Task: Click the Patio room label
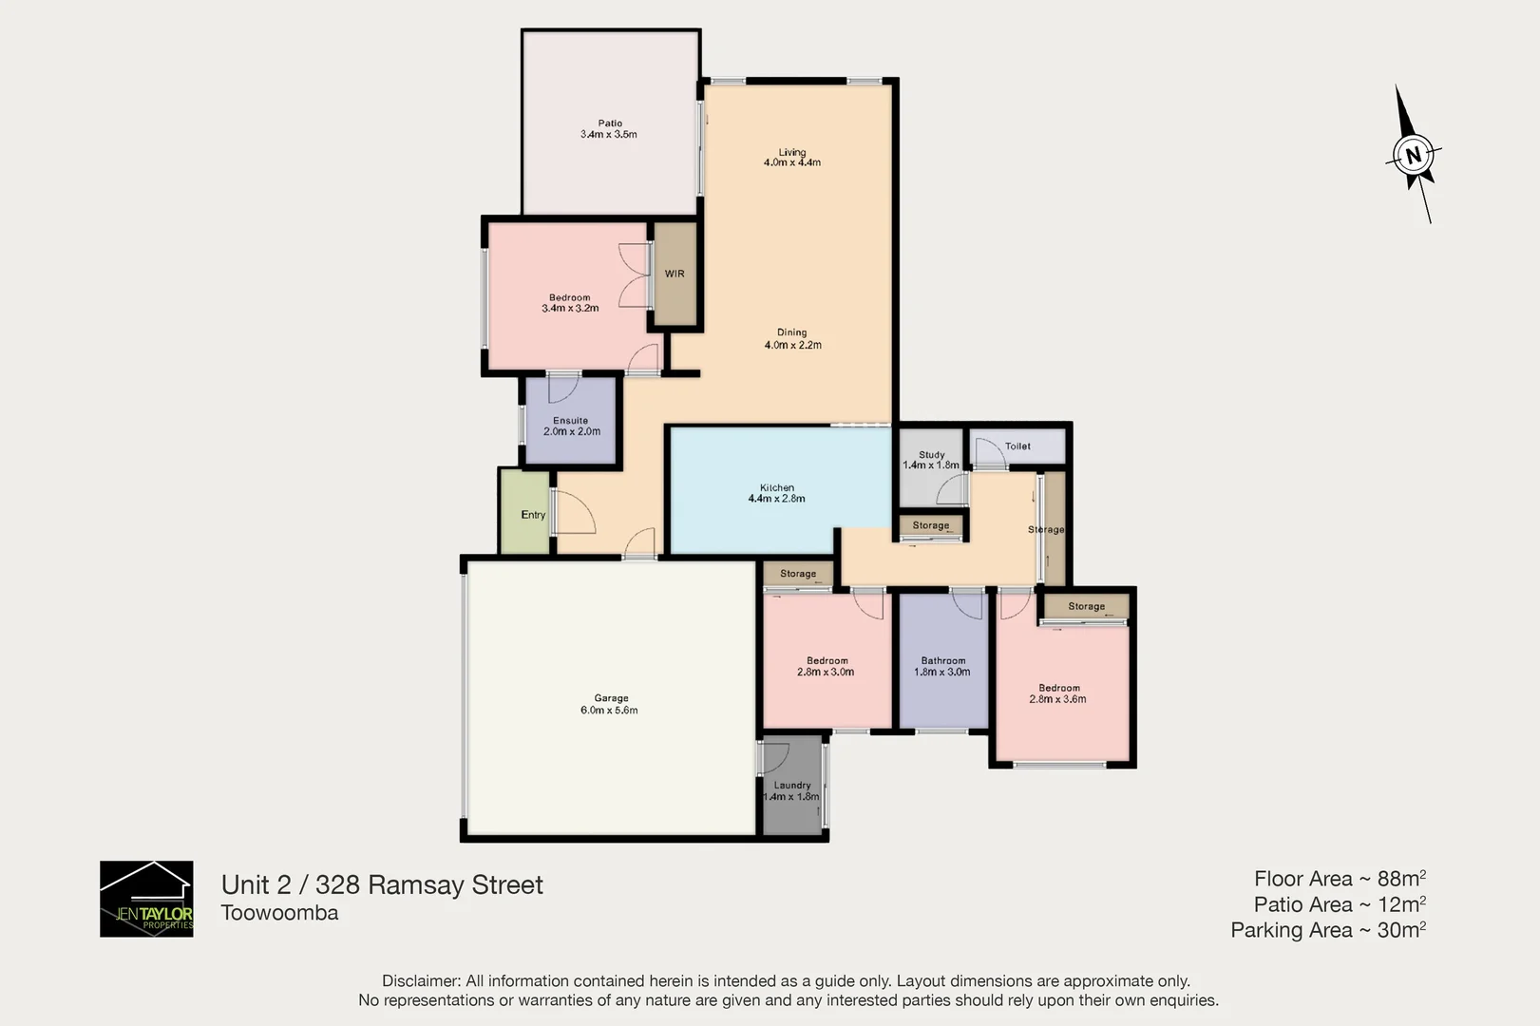pyautogui.click(x=609, y=129)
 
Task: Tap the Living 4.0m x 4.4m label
pyautogui.click(x=791, y=158)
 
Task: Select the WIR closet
pyautogui.click(x=675, y=274)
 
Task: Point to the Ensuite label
pyautogui.click(x=571, y=426)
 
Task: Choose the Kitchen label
pyautogui.click(x=776, y=493)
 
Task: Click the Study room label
pyautogui.click(x=931, y=460)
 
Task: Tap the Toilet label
pyautogui.click(x=1017, y=446)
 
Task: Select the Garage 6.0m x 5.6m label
pyautogui.click(x=610, y=704)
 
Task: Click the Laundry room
pyautogui.click(x=791, y=790)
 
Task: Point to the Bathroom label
pyautogui.click(x=942, y=666)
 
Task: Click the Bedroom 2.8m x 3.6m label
pyautogui.click(x=1057, y=693)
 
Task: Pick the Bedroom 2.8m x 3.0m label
pyautogui.click(x=826, y=666)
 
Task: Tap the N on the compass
pyautogui.click(x=1414, y=155)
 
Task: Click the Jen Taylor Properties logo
pyautogui.click(x=146, y=899)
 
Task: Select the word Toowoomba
pyautogui.click(x=279, y=913)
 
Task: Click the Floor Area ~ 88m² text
pyautogui.click(x=1339, y=879)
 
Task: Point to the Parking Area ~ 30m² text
pyautogui.click(x=1327, y=930)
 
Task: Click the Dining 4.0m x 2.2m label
pyautogui.click(x=792, y=339)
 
